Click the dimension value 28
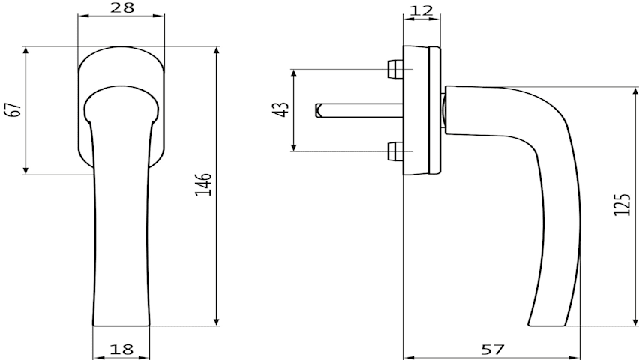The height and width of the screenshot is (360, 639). (x=121, y=7)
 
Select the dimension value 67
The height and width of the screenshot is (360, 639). (x=15, y=109)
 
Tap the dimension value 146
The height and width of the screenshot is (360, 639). (x=203, y=184)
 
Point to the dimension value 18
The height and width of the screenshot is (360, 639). (x=121, y=349)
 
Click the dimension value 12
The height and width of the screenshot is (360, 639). (x=421, y=10)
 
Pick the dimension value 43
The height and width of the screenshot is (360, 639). (x=281, y=109)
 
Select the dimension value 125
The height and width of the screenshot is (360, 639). (x=622, y=204)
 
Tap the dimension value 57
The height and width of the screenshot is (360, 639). (x=493, y=349)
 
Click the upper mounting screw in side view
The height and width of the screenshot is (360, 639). (x=395, y=69)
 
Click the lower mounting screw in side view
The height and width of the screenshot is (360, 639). (x=395, y=151)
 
